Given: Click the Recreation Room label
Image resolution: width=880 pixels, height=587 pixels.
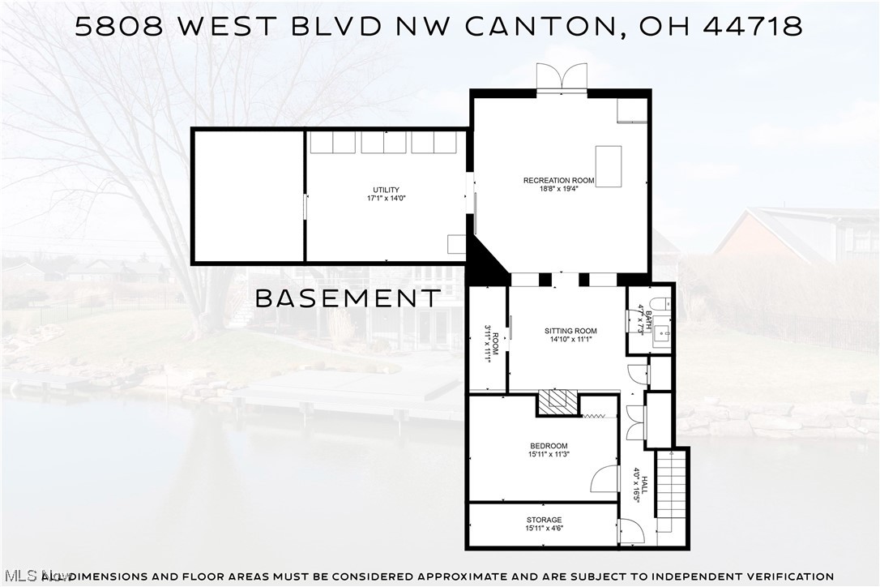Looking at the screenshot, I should (558, 180).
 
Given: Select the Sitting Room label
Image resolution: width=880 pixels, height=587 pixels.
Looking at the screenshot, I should (570, 331).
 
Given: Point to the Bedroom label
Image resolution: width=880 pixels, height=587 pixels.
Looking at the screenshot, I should (549, 445).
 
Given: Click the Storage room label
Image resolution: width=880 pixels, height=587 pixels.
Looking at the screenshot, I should (543, 520).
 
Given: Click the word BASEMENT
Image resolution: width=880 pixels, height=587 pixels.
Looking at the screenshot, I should (348, 298).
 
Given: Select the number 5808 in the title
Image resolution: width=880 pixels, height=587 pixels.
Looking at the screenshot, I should (122, 26).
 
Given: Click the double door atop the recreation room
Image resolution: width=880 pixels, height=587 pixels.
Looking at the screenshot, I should (560, 78).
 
